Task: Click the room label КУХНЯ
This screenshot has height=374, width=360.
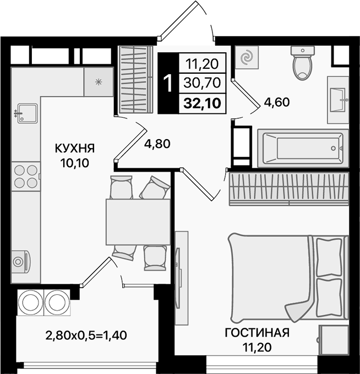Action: click(x=74, y=148)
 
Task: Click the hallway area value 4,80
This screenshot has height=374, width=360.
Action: click(x=157, y=144)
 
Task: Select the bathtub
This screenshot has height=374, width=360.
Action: click(x=303, y=147)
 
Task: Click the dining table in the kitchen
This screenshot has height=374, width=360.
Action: click(x=138, y=222)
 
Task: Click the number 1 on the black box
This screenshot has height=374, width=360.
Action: click(x=168, y=84)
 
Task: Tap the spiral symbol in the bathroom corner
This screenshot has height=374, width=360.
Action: click(x=247, y=58)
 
